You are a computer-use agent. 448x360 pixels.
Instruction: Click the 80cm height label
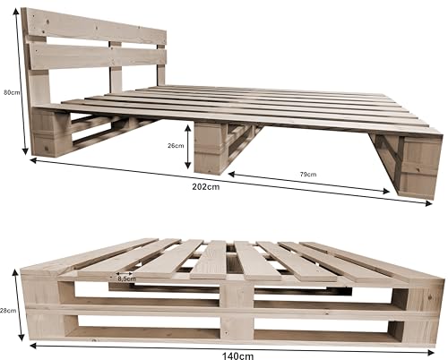(x=12, y=92)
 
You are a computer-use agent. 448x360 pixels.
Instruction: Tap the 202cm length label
(x=206, y=187)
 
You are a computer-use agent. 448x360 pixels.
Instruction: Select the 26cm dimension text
(x=176, y=146)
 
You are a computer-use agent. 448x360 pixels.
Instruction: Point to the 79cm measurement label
(x=308, y=175)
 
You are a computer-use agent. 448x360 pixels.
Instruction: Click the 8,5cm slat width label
(x=126, y=279)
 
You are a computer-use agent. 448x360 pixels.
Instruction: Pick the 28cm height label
(x=8, y=311)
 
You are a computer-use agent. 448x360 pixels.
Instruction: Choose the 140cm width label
(x=237, y=356)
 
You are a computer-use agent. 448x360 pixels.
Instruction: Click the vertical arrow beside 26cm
(x=187, y=147)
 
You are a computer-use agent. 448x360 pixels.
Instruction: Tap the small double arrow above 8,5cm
(x=125, y=273)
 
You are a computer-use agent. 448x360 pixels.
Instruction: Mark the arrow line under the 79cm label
(x=309, y=182)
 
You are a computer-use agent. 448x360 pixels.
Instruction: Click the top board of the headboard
(x=95, y=26)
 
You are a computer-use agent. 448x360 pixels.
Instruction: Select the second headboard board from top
(x=98, y=56)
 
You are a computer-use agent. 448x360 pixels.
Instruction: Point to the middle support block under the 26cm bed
(x=209, y=149)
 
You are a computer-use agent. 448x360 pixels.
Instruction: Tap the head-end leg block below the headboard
(x=51, y=133)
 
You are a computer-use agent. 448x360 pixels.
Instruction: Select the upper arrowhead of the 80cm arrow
(x=16, y=12)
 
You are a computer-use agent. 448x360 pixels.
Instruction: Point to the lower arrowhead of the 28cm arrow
(x=21, y=337)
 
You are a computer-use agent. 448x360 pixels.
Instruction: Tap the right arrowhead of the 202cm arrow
(x=428, y=203)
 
